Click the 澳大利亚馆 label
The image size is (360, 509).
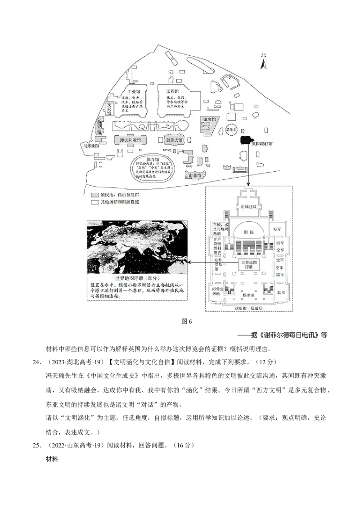(130, 140)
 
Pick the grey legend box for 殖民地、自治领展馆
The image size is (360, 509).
(94, 196)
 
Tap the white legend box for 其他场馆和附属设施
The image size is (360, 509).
(94, 202)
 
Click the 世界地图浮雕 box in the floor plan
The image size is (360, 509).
(250, 264)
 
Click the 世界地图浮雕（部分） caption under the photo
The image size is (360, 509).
(137, 279)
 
